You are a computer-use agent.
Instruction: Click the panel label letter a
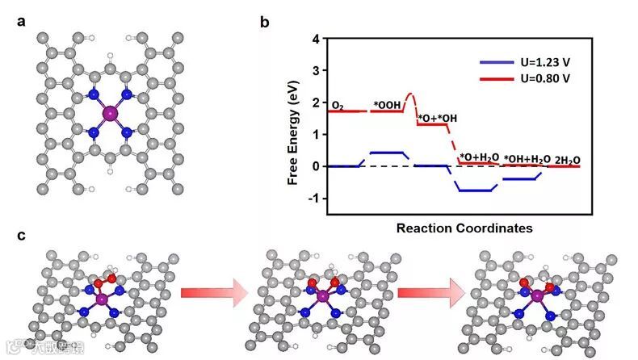(23, 22)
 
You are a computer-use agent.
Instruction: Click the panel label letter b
(264, 22)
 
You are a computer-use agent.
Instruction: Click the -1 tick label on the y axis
(314, 199)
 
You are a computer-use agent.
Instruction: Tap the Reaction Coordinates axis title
(464, 228)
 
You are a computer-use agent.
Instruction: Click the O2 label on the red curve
(339, 104)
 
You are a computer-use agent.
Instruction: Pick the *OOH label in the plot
(387, 104)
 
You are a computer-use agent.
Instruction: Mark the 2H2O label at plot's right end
(568, 159)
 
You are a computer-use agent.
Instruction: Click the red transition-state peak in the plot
(409, 94)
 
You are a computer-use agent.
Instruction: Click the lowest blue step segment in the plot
(474, 190)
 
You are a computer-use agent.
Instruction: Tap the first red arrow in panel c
(212, 293)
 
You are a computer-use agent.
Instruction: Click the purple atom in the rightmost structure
(536, 297)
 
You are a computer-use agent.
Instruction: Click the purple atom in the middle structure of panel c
(322, 297)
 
